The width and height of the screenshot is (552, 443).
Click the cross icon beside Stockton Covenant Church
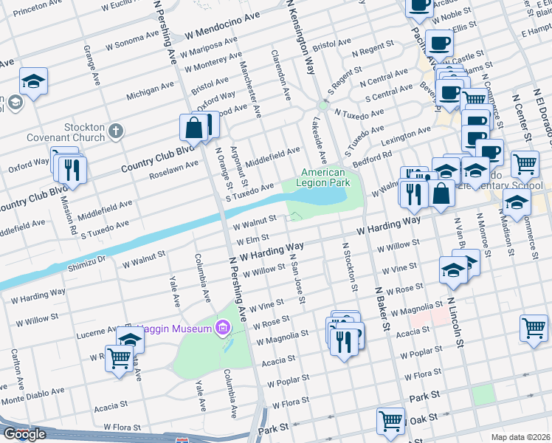click(114, 131)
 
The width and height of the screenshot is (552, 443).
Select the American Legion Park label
click(322, 177)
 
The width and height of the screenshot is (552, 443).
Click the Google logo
click(24, 434)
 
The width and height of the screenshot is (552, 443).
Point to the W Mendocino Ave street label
click(223, 35)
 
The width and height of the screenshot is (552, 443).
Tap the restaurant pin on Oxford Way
click(72, 168)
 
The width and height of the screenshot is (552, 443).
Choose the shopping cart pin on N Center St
click(525, 164)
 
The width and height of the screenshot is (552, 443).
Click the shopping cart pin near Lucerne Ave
click(119, 360)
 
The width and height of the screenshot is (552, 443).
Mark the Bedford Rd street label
click(371, 157)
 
